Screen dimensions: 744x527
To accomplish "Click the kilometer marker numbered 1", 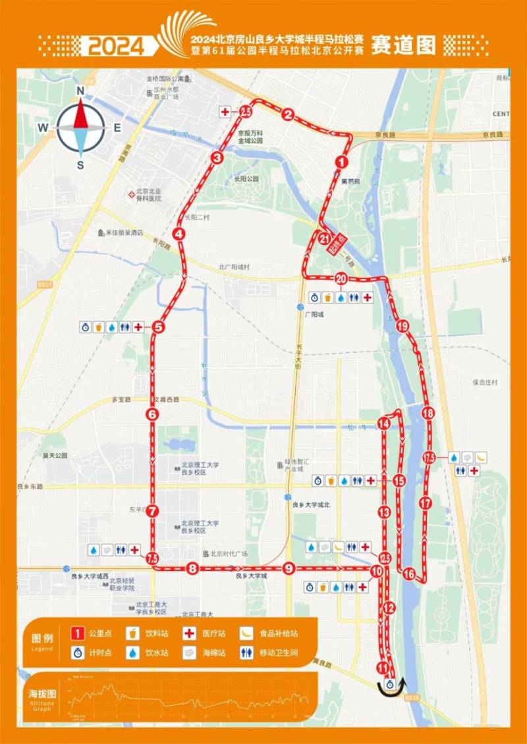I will click(341, 161).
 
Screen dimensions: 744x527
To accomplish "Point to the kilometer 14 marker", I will click(384, 424).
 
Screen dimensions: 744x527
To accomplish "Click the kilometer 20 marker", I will click(341, 279).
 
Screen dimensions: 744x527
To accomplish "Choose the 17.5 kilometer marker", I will click(430, 458).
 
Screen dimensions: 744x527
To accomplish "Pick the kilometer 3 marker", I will click(217, 157).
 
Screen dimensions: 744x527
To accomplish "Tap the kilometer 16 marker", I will click(409, 574).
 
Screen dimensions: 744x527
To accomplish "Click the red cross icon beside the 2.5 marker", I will click(226, 113).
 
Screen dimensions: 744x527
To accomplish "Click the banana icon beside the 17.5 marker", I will click(482, 457).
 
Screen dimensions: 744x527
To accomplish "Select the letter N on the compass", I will click(80, 91).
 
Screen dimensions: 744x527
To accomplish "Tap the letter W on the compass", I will click(43, 128).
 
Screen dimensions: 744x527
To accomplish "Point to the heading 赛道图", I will click(404, 44).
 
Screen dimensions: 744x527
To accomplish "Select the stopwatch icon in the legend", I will click(77, 653).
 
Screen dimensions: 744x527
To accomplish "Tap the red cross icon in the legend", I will click(190, 633).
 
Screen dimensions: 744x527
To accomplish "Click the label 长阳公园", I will click(246, 178).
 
